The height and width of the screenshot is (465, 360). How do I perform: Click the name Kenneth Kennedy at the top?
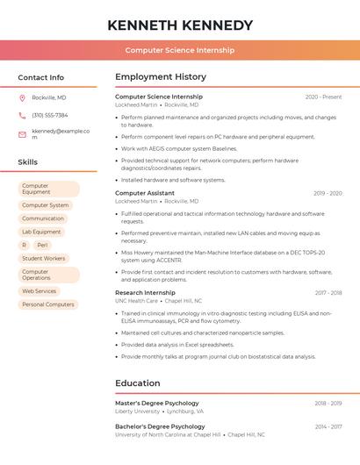coord(180,25)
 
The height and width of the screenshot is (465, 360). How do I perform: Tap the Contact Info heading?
coord(40,77)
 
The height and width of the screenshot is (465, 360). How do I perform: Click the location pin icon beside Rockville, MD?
coord(22,97)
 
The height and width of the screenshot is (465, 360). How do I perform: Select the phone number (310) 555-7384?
coord(49,115)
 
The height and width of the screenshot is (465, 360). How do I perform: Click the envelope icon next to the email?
coord(22,133)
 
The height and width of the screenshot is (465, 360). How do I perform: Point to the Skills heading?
coord(27,162)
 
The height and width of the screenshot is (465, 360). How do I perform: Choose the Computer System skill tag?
coord(45,205)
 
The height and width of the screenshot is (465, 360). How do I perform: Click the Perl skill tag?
coord(42,246)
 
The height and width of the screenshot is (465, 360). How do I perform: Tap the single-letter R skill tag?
coord(24,246)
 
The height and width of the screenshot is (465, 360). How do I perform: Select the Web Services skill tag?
coord(39,291)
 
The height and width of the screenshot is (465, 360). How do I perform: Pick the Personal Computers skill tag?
coord(47,304)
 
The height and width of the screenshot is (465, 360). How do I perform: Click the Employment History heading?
coord(161,77)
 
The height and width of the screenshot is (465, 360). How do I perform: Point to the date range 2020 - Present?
coord(323,97)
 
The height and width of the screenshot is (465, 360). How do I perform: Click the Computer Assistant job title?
coord(145,193)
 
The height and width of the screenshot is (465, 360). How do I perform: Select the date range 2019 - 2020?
coord(328,193)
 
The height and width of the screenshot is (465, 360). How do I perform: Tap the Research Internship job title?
coord(145,292)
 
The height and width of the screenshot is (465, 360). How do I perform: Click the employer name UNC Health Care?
coord(136,301)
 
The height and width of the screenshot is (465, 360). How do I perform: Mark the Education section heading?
coord(137,383)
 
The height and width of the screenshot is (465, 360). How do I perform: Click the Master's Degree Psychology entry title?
coord(157,403)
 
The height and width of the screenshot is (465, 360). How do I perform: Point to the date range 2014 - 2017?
coord(328,426)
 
